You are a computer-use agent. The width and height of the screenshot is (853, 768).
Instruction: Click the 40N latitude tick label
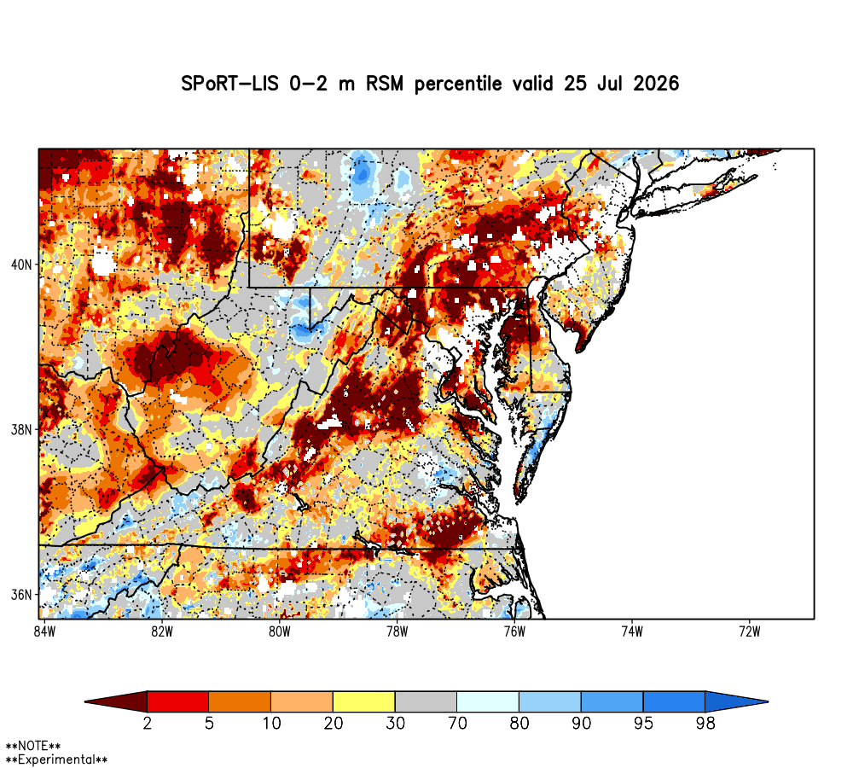click(x=22, y=265)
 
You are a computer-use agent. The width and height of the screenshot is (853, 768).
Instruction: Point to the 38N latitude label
click(x=22, y=430)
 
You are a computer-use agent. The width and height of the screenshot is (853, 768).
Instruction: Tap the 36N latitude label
click(x=22, y=595)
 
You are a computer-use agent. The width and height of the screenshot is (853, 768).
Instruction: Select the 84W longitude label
click(x=44, y=631)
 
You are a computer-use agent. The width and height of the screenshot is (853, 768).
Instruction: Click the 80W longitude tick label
click(x=280, y=631)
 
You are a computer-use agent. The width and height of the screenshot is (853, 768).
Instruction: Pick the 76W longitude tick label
click(x=514, y=631)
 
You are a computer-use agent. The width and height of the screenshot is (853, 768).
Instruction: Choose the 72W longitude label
click(x=750, y=631)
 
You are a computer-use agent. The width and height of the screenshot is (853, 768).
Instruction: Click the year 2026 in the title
click(x=656, y=84)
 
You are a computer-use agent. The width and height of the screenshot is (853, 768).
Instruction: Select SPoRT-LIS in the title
click(x=229, y=84)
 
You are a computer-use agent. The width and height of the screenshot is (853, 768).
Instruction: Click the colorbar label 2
click(x=147, y=724)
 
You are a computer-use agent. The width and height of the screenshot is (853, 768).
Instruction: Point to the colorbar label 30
click(x=396, y=724)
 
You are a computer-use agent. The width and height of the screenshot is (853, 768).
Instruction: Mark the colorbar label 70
click(x=457, y=724)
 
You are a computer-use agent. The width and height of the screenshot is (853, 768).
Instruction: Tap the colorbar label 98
click(x=705, y=724)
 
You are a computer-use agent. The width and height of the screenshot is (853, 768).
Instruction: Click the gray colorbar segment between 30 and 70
click(x=426, y=702)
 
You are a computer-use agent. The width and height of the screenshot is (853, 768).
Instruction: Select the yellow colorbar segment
click(x=364, y=702)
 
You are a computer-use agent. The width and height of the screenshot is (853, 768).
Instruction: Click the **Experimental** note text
click(x=56, y=759)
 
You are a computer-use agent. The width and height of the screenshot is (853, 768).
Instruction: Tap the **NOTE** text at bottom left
click(x=33, y=746)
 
